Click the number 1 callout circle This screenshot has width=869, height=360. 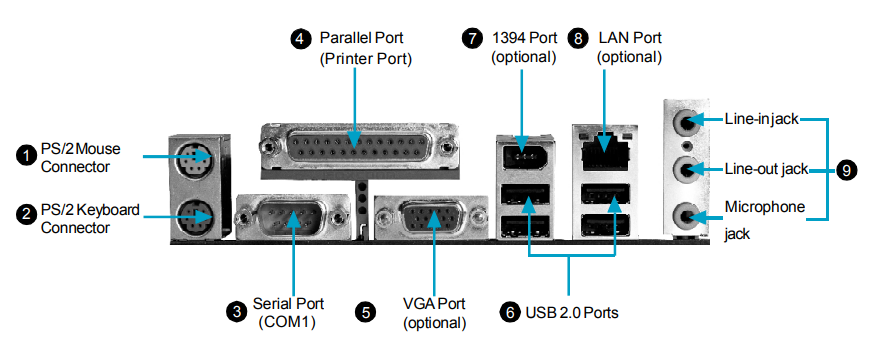pyautogui.click(x=25, y=156)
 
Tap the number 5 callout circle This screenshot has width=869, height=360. pyautogui.click(x=365, y=312)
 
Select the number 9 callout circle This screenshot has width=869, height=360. pyautogui.click(x=846, y=170)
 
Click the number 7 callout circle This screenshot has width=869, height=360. pyautogui.click(x=472, y=38)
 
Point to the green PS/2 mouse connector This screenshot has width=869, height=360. pyautogui.click(x=194, y=157)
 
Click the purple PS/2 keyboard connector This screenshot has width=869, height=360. pyautogui.click(x=194, y=216)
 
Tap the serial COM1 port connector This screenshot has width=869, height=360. pyautogui.click(x=292, y=217)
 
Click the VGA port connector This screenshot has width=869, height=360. pyautogui.click(x=431, y=218)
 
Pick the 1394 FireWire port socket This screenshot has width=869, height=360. pyautogui.click(x=524, y=157)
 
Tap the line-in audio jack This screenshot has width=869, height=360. pyautogui.click(x=685, y=122)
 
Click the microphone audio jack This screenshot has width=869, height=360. pyautogui.click(x=685, y=214)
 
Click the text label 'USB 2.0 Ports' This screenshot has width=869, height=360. pyautogui.click(x=572, y=312)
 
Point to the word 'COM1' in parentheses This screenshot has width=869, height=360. pyautogui.click(x=287, y=322)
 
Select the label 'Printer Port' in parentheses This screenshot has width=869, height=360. pyautogui.click(x=366, y=58)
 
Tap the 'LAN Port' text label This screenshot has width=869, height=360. pyautogui.click(x=630, y=38)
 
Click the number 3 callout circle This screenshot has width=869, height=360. pyautogui.click(x=236, y=312)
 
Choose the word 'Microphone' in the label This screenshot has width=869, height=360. pyautogui.click(x=765, y=207)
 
